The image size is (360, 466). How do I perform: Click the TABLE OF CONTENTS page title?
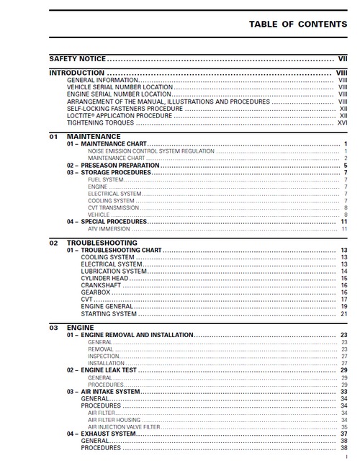click(297, 24)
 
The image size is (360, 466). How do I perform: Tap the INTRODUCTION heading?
click(76, 73)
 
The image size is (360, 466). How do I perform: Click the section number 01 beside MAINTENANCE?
click(53, 136)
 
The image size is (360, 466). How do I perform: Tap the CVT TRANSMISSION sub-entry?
click(113, 207)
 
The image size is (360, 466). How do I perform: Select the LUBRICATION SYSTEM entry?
click(113, 271)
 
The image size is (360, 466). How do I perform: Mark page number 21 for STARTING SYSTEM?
click(344, 314)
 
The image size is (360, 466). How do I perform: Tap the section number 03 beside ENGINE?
click(53, 327)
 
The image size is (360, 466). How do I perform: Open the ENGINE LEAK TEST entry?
click(104, 369)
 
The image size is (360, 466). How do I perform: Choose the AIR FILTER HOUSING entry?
click(114, 419)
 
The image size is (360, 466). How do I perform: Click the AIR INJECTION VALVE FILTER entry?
click(123, 426)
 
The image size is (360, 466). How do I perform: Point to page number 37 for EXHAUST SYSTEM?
click(344, 434)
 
